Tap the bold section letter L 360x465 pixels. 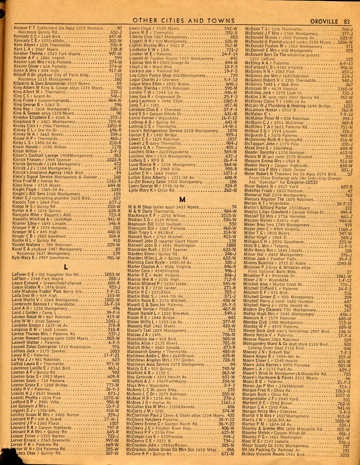click(x=66, y=267)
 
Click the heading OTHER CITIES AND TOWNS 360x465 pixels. click(x=184, y=20)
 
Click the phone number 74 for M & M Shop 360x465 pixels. click(x=234, y=207)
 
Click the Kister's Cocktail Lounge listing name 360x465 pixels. click(x=34, y=156)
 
